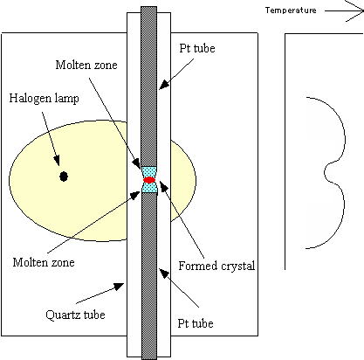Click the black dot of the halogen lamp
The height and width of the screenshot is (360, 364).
coord(64,177)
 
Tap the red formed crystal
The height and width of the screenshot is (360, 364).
coord(149,180)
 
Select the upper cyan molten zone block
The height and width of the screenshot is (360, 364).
coord(149,171)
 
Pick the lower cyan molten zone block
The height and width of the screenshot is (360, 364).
coord(149,188)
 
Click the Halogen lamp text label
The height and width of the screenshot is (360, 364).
coord(45,99)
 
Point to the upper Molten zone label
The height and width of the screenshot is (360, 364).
coord(86,65)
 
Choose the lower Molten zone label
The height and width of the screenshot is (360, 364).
coord(44,262)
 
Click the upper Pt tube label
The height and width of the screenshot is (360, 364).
coord(197,48)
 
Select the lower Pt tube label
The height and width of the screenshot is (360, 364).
coord(196,323)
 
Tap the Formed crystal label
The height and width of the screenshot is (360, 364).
coord(216,266)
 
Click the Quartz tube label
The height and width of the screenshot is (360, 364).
coord(75,315)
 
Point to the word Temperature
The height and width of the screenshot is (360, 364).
coord(291,10)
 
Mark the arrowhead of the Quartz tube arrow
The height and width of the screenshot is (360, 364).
coord(120,286)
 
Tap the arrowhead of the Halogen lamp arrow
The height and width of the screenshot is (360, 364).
coord(57,161)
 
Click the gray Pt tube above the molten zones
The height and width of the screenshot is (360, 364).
coord(149,87)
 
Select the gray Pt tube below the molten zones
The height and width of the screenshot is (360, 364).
coord(149,276)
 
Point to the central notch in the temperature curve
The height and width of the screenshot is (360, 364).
coord(325,172)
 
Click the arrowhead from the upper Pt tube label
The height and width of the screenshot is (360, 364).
coord(163,85)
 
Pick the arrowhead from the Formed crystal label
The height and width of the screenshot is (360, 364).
coord(163,185)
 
